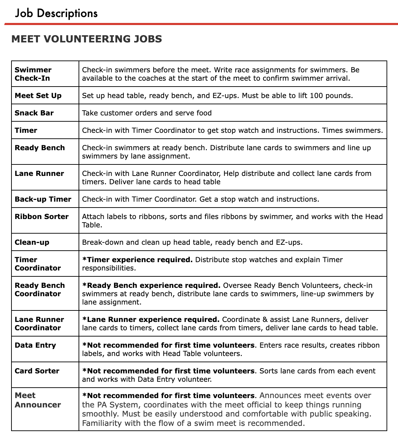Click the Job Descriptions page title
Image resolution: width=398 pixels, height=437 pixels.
56,13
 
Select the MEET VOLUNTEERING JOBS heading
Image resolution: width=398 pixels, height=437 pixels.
87,39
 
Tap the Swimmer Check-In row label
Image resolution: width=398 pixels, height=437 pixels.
33,74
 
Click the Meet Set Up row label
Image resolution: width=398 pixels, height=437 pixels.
38,96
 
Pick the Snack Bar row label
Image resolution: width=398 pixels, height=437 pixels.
34,113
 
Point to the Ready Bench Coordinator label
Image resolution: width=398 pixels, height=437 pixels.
40,290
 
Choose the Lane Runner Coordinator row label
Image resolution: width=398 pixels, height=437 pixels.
39,324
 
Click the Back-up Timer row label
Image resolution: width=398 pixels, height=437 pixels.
43,199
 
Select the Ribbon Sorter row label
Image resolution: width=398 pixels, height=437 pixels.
42,217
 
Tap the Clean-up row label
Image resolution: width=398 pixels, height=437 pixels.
32,242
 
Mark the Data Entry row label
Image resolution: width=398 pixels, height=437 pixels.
35,345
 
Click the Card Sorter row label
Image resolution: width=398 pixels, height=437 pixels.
37,371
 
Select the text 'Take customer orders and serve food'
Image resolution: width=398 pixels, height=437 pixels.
147,113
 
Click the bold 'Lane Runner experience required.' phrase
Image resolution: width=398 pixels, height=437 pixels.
151,319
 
